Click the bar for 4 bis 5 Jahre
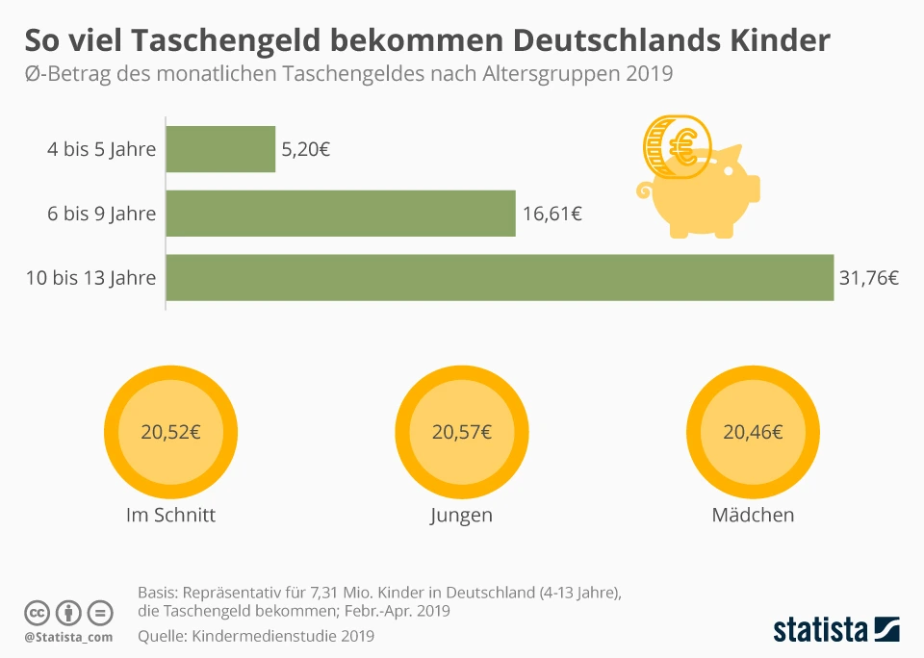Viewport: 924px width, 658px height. click(x=220, y=149)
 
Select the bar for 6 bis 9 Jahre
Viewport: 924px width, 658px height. click(x=341, y=214)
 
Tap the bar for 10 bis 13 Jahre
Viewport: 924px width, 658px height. click(x=500, y=278)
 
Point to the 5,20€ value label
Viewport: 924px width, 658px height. click(x=306, y=150)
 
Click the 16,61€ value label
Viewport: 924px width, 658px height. click(x=552, y=214)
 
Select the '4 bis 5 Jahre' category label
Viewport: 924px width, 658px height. click(x=102, y=150)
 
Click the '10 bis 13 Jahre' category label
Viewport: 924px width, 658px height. click(x=90, y=278)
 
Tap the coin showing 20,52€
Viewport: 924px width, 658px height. click(x=170, y=432)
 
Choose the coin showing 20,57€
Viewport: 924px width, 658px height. click(x=462, y=432)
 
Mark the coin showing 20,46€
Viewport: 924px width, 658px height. click(x=753, y=432)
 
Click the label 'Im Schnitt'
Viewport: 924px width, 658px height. click(x=170, y=515)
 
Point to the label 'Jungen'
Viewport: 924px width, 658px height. click(x=461, y=515)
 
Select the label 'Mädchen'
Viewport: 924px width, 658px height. click(x=753, y=515)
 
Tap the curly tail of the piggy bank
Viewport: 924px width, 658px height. click(x=644, y=190)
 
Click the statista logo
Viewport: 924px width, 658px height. click(x=836, y=630)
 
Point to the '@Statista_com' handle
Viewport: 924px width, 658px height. click(x=68, y=637)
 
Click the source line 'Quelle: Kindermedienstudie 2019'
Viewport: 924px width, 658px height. click(x=255, y=636)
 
